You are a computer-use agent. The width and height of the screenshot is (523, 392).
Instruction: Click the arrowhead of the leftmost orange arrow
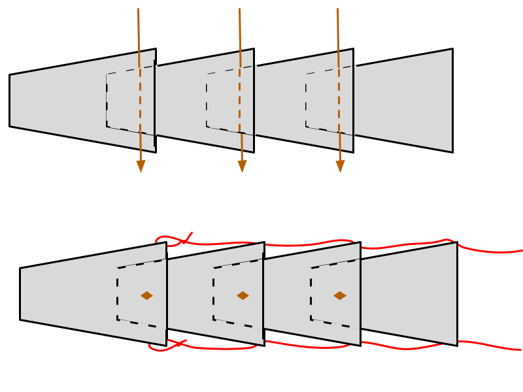click(141, 167)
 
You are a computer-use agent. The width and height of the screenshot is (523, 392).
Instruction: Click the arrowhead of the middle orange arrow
click(242, 167)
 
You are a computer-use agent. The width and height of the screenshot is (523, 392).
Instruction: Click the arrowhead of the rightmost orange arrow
click(340, 167)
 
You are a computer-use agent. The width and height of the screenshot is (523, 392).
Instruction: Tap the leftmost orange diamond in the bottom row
click(146, 295)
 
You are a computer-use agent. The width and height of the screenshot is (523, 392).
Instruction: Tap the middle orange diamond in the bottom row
click(243, 295)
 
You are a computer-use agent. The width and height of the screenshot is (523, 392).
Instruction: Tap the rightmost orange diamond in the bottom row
click(339, 295)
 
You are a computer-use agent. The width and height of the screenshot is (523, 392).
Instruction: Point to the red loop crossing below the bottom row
click(175, 343)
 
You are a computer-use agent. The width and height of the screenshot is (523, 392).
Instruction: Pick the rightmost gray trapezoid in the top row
click(403, 101)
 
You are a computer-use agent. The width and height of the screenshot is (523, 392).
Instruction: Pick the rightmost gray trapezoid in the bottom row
click(409, 294)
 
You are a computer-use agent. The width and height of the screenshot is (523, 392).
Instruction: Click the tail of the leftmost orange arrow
click(138, 10)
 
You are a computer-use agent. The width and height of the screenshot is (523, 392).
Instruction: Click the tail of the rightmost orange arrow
click(337, 10)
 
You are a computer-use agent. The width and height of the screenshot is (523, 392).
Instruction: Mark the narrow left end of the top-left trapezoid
click(12, 101)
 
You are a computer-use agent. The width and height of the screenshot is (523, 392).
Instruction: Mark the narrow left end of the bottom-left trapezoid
click(22, 294)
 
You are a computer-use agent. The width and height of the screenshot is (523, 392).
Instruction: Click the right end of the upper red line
click(521, 250)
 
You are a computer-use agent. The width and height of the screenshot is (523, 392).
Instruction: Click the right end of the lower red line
click(520, 350)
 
